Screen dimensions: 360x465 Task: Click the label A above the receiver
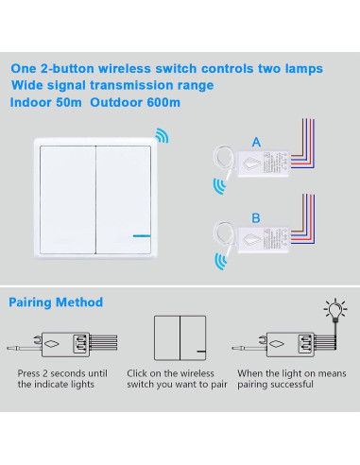click(256, 143)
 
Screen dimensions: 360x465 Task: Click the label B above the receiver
click(256, 218)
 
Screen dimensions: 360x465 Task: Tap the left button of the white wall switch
click(68, 199)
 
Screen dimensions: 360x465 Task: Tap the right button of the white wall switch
click(124, 199)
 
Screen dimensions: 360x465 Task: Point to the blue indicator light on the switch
click(142, 235)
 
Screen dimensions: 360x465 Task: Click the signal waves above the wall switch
click(163, 135)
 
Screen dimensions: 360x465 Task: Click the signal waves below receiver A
click(219, 186)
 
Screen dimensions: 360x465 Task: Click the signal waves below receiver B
click(220, 262)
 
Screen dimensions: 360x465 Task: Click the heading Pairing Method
click(56, 302)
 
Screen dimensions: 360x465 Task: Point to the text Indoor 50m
click(46, 102)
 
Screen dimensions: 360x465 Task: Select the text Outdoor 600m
click(135, 102)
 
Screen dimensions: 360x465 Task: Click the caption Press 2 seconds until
click(62, 373)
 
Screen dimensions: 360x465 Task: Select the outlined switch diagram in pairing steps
click(180, 338)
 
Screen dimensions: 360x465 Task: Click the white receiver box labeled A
click(264, 164)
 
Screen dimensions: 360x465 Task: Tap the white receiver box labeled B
click(264, 239)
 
